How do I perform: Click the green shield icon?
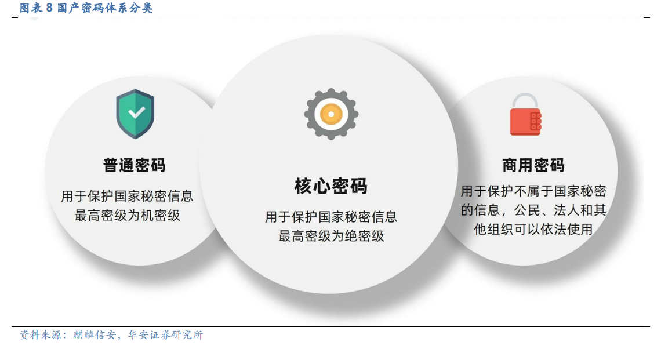click(x=135, y=114)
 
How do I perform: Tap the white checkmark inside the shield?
click(x=137, y=112)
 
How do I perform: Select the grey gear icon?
click(x=331, y=114)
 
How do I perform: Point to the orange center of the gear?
click(x=331, y=114)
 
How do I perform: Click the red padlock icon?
click(x=526, y=114)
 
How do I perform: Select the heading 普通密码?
click(x=135, y=165)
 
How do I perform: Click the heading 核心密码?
click(x=331, y=186)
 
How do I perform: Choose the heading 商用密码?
click(x=533, y=165)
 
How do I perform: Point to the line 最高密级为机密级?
click(x=128, y=215)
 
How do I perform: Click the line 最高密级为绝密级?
click(x=331, y=235)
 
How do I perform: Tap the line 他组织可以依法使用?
click(x=533, y=229)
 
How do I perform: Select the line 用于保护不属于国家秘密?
click(x=533, y=191)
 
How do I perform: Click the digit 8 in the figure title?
click(x=49, y=8)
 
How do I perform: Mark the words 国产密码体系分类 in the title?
click(x=105, y=8)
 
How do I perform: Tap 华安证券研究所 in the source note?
click(x=165, y=334)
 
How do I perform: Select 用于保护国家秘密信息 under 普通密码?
click(x=128, y=195)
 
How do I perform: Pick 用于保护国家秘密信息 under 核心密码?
click(x=331, y=217)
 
